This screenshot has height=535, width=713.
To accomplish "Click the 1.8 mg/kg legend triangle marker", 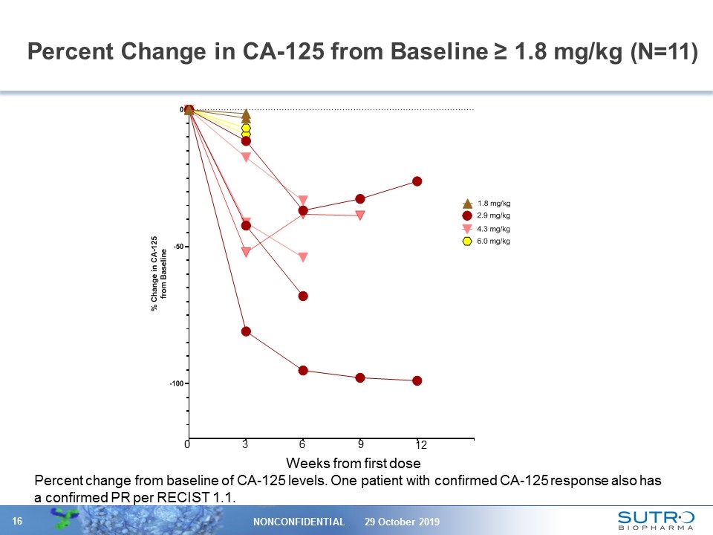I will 467,203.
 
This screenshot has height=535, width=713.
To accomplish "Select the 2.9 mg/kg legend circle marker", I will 467,215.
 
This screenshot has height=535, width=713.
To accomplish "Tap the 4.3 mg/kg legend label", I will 493,229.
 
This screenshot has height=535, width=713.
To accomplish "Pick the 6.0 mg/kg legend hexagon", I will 467,241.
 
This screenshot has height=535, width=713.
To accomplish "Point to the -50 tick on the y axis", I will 178,247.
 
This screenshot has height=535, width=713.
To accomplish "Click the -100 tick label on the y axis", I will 176,383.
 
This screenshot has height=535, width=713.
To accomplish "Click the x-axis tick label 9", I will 360,444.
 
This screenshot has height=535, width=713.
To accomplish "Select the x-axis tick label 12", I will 421,445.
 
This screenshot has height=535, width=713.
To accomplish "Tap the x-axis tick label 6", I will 302,444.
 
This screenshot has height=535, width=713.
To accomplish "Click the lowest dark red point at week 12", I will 417,380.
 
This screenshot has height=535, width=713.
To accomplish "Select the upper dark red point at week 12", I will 417,181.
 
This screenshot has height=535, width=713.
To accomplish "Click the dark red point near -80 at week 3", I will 246,331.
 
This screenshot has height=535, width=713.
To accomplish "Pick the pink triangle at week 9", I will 360,215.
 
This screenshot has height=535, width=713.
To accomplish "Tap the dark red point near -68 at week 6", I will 303,296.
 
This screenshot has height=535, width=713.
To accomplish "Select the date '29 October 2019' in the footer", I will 402,522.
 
